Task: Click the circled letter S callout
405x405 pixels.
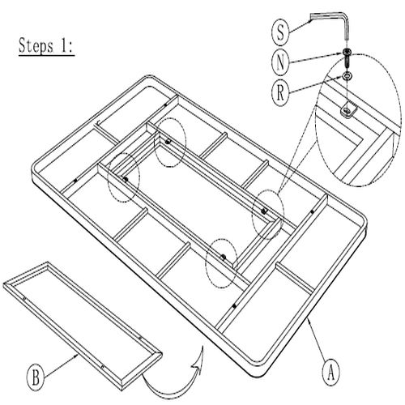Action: click(280, 32)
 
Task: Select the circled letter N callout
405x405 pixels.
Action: click(280, 62)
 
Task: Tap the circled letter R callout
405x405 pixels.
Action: click(280, 93)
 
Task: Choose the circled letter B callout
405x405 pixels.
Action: click(36, 377)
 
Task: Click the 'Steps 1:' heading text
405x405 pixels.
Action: click(46, 46)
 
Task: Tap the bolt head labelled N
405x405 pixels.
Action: click(347, 51)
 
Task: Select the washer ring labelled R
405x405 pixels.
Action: click(347, 76)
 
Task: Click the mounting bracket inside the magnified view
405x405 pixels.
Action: click(349, 109)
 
